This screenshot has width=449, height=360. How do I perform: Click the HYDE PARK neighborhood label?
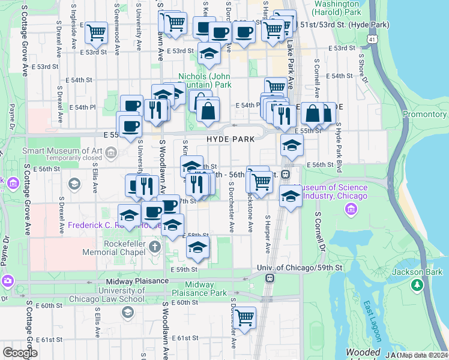tap(231, 139)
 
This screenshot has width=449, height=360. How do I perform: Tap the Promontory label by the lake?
tap(424, 114)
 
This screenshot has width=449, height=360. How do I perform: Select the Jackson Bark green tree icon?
tap(416, 286)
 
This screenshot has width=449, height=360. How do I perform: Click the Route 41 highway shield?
tap(373, 39)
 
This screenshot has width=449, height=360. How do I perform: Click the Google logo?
tap(20, 353)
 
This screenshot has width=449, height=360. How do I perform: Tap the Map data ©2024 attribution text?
tap(424, 355)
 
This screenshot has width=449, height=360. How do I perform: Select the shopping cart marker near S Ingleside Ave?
tap(96, 33)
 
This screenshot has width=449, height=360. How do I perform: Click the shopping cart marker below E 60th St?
tap(244, 317)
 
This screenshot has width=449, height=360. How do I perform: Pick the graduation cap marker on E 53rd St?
tap(208, 54)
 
